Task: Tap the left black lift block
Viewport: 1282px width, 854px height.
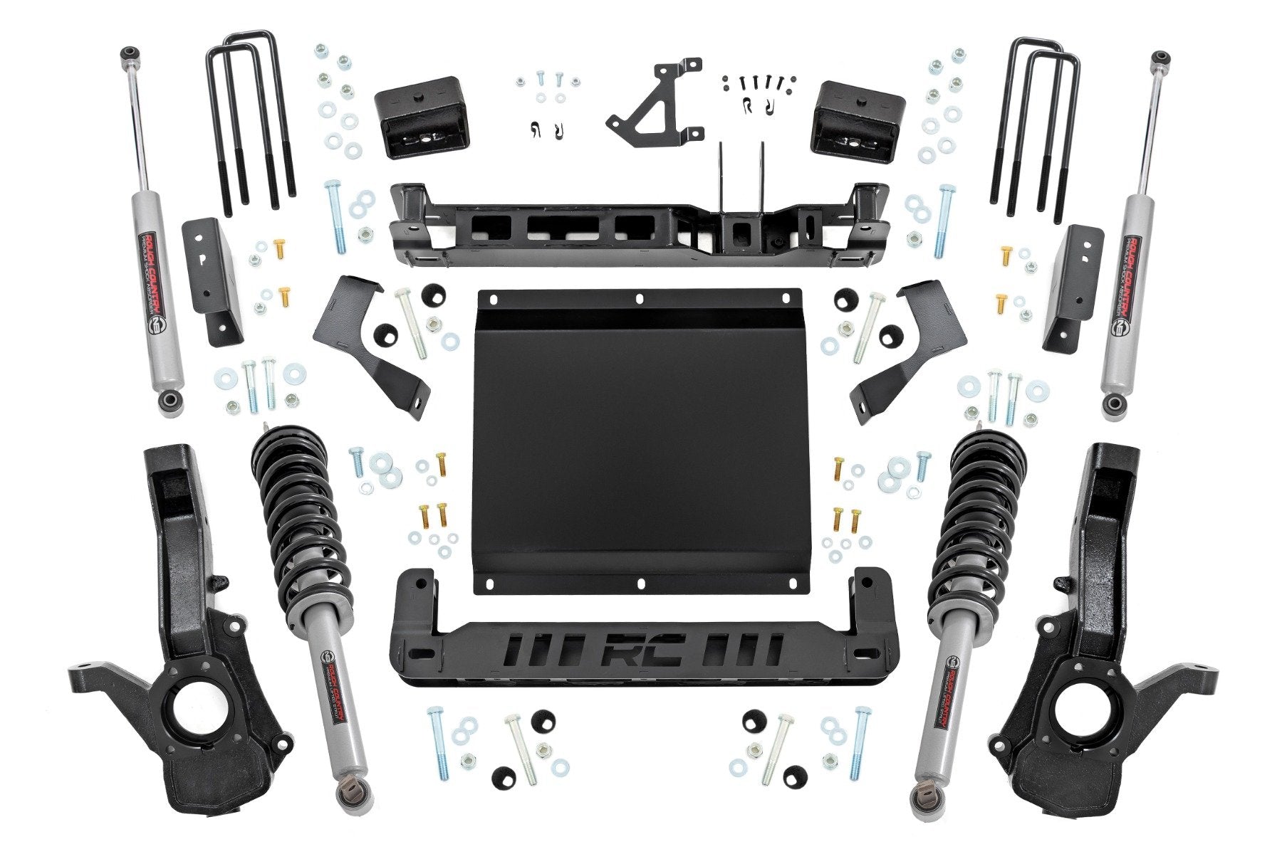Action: click(408, 117)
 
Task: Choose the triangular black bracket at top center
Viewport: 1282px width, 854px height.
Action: click(655, 100)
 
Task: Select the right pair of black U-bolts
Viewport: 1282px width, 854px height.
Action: click(1036, 121)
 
